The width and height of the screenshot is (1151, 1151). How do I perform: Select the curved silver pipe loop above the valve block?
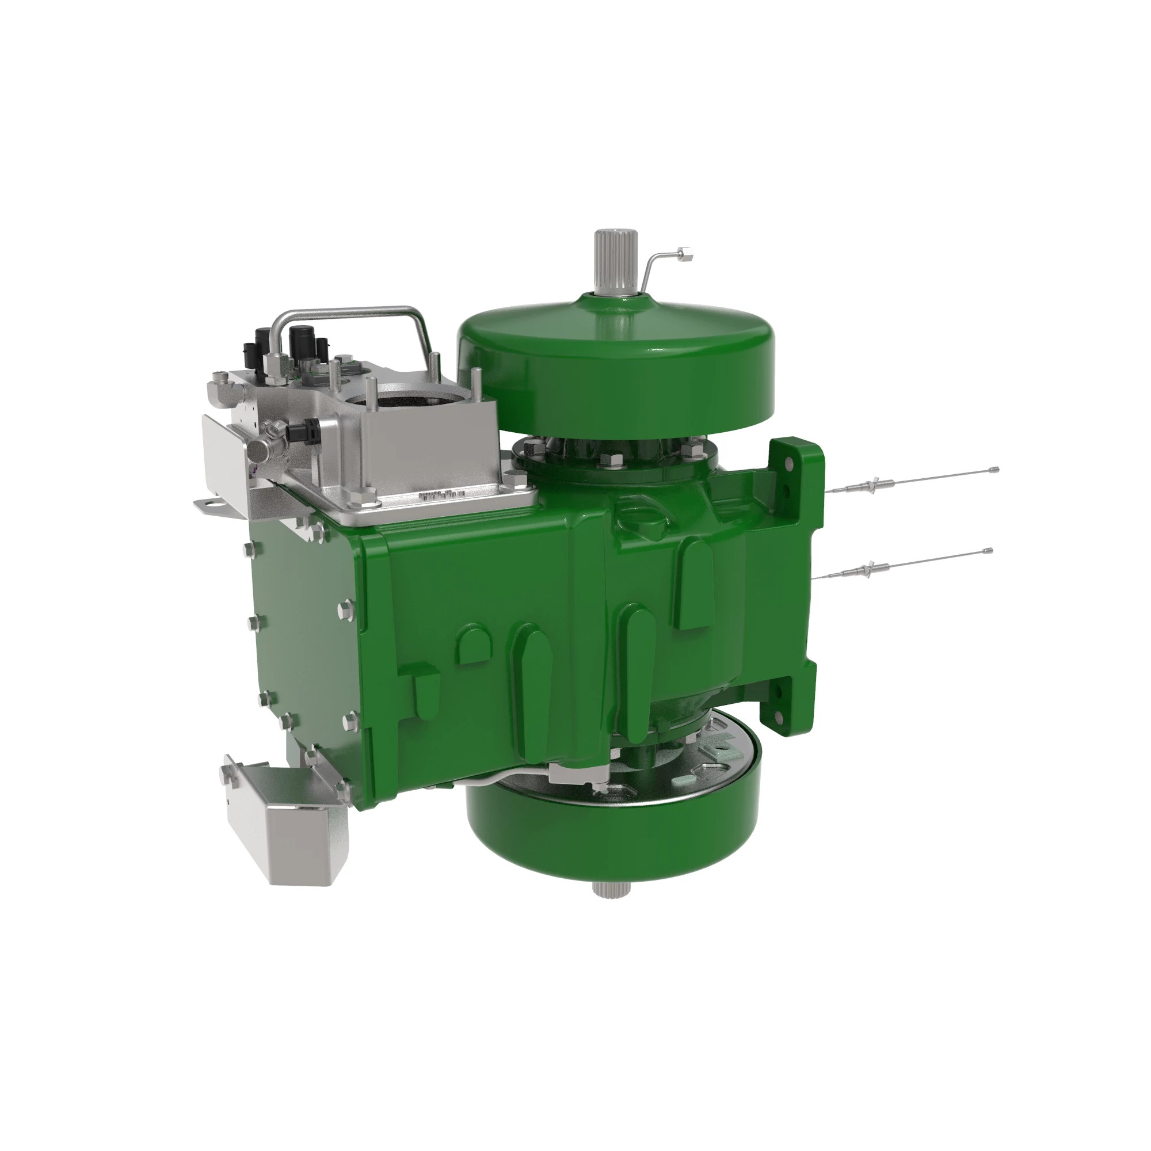click(x=352, y=319)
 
